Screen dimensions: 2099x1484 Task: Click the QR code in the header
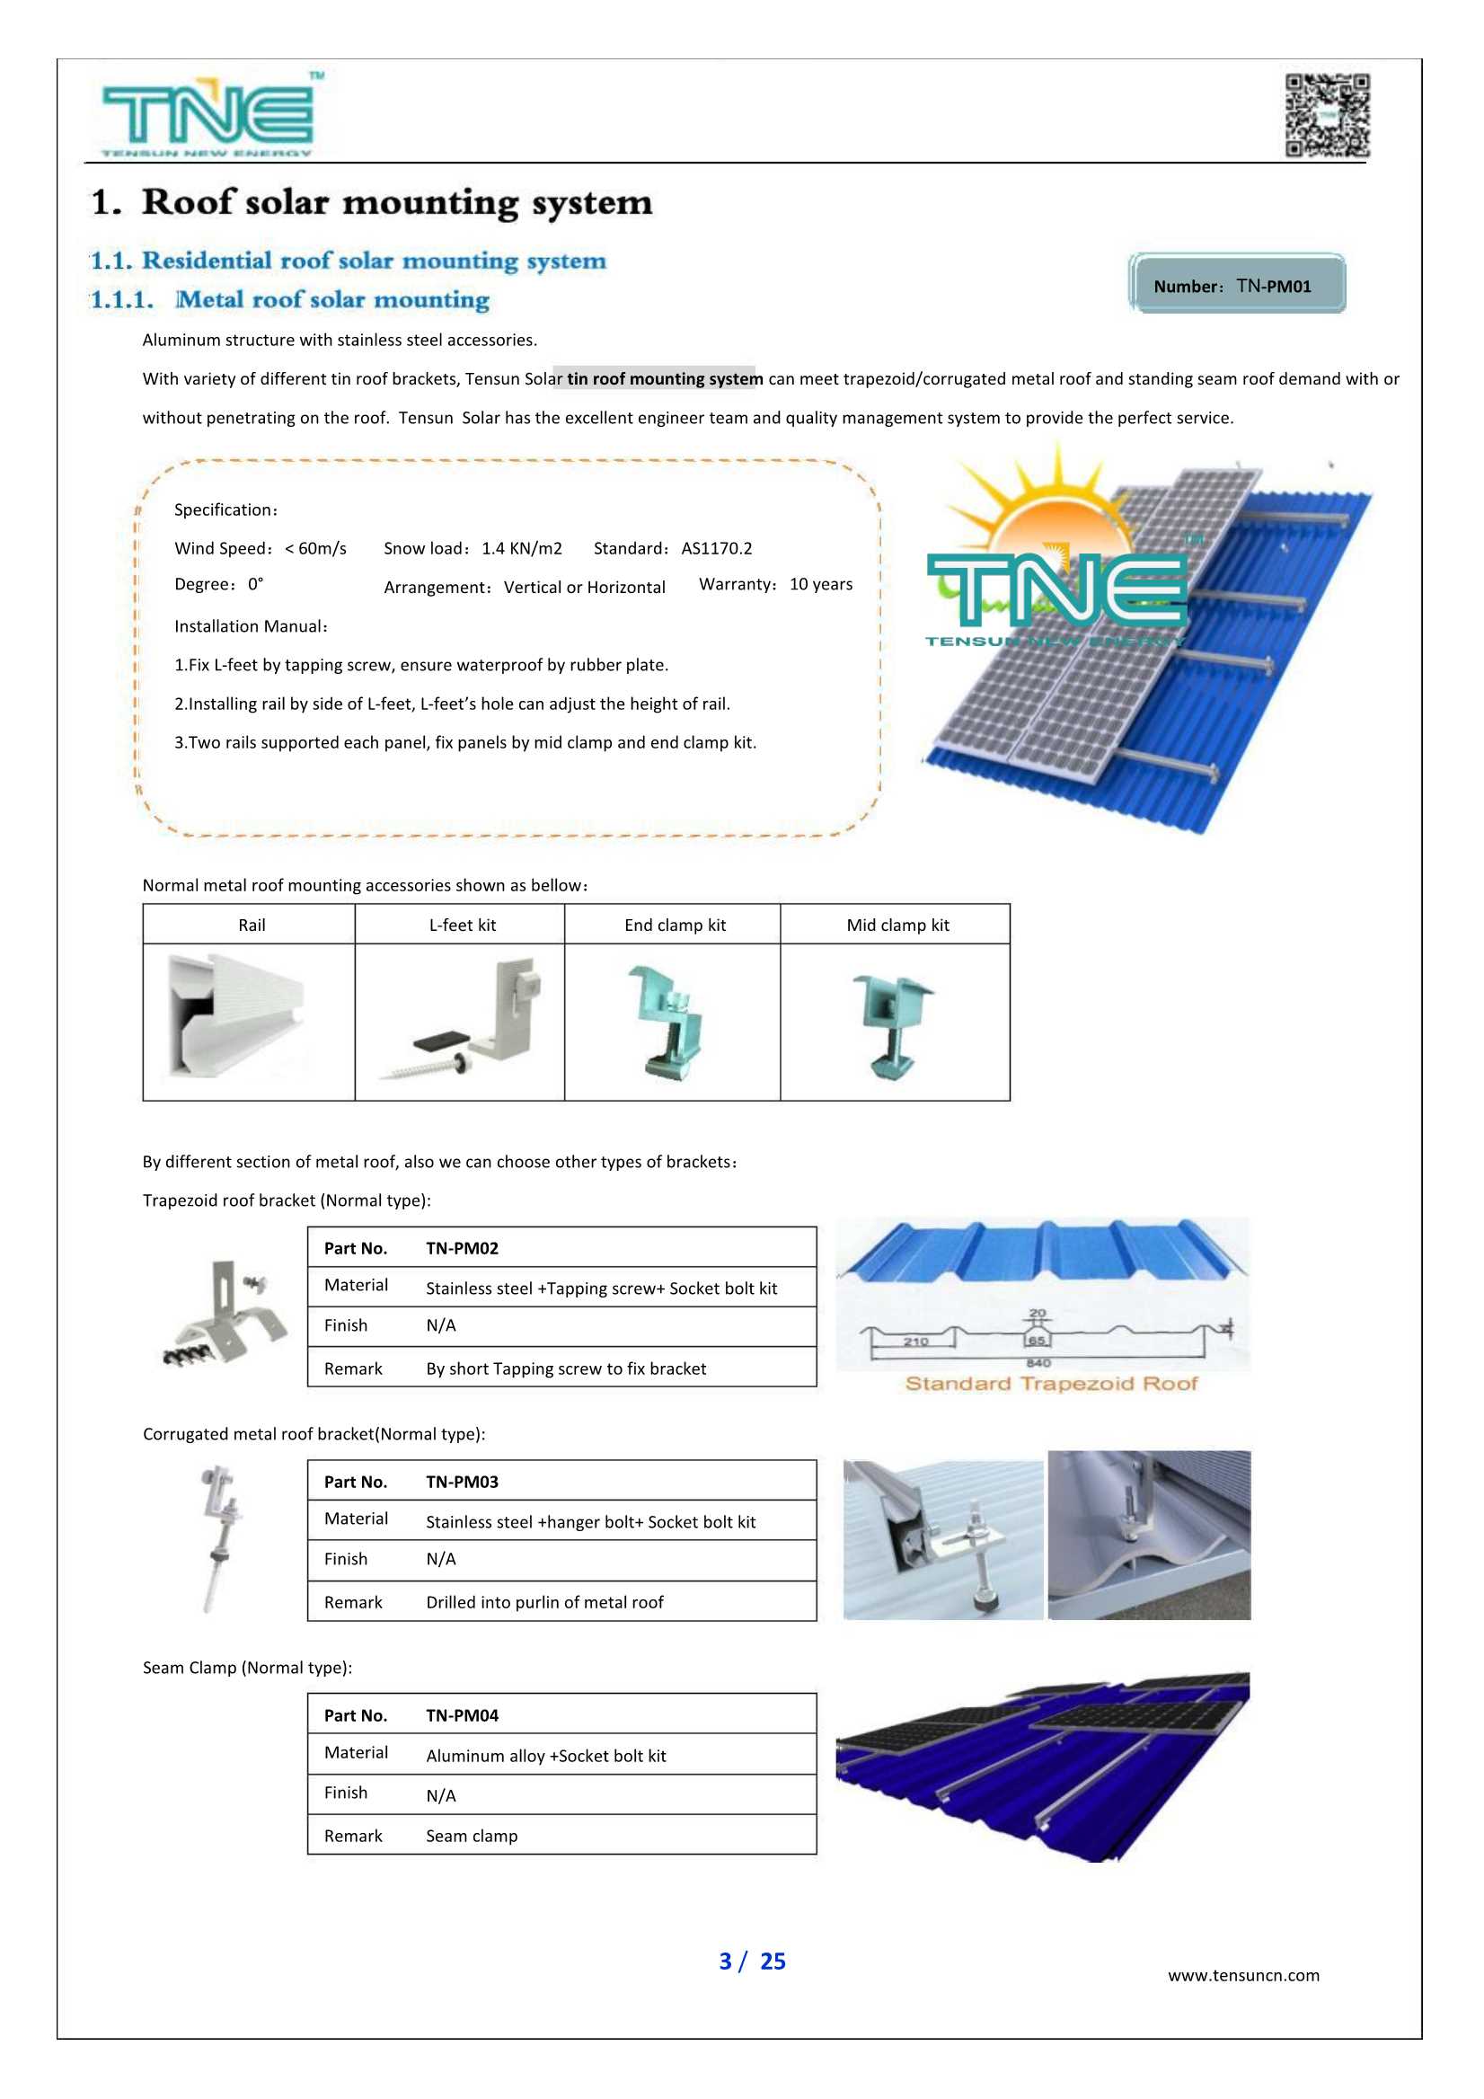[1327, 115]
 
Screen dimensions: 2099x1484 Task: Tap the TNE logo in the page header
[209, 115]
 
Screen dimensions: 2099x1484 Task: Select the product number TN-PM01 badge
[1236, 284]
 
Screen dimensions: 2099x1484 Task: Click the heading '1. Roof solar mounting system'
[372, 202]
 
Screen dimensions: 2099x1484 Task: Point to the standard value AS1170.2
[717, 548]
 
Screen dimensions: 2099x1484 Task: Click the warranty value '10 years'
[820, 584]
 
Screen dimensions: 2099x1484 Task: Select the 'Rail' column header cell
[252, 926]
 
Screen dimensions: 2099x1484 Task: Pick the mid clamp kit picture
[893, 1024]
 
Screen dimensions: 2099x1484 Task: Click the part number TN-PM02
[462, 1248]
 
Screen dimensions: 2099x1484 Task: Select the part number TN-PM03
[462, 1482]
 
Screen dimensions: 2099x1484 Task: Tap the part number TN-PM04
[462, 1716]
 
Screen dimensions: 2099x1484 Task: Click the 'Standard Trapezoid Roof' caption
[1051, 1383]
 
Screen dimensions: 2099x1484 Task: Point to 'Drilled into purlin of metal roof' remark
[544, 1603]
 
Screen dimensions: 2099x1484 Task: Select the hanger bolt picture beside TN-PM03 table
[219, 1538]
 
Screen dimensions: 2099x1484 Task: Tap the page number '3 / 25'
[752, 1961]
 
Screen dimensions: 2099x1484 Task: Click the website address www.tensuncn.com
[1242, 1975]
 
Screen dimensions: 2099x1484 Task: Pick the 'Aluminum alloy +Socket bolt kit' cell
[545, 1756]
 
